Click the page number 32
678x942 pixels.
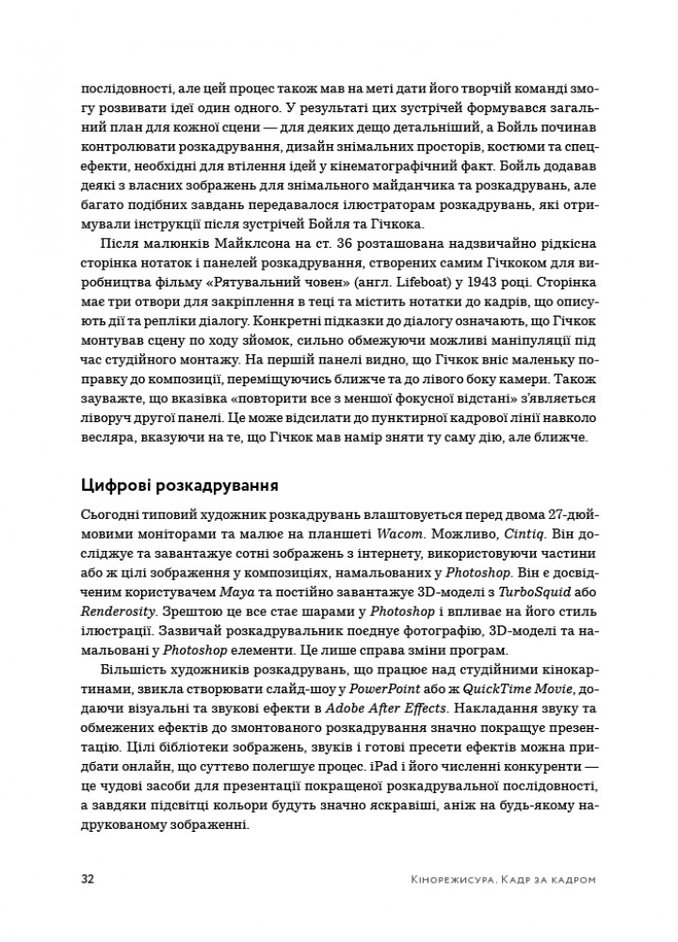pyautogui.click(x=88, y=879)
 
